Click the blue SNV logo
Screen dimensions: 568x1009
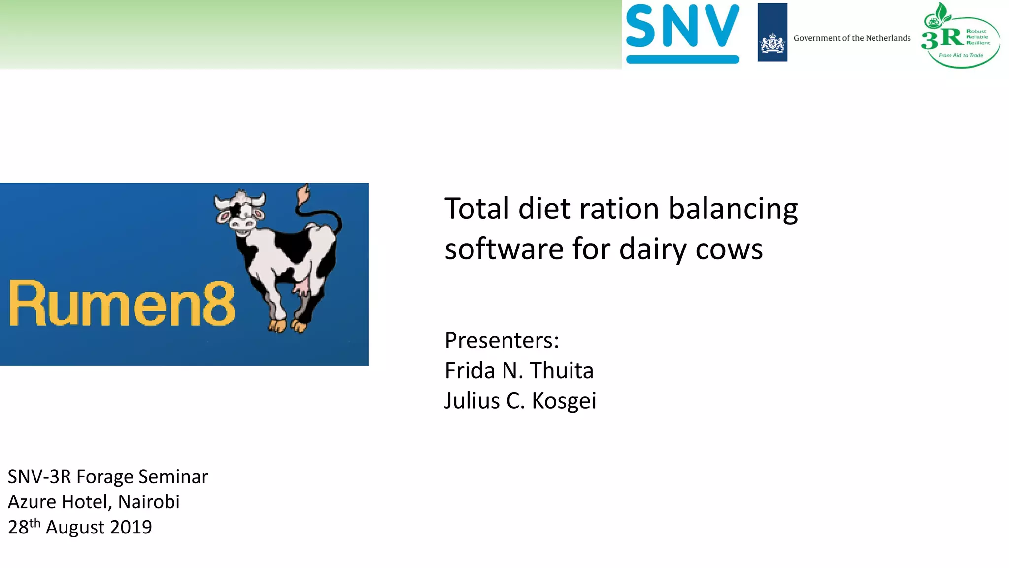pyautogui.click(x=682, y=33)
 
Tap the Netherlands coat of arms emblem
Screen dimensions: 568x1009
pyautogui.click(x=772, y=43)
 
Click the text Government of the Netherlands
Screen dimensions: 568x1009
pyautogui.click(x=852, y=38)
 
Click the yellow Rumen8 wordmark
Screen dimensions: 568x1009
pyautogui.click(x=122, y=304)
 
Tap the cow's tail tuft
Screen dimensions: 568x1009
pyautogui.click(x=303, y=194)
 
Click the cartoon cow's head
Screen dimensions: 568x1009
pyautogui.click(x=240, y=212)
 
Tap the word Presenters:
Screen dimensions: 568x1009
pyautogui.click(x=502, y=340)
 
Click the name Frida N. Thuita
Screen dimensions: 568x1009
pyautogui.click(x=519, y=371)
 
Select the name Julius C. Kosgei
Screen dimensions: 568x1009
pyautogui.click(x=520, y=401)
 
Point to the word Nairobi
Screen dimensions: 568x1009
pyautogui.click(x=149, y=502)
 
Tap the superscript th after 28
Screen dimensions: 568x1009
pyautogui.click(x=34, y=523)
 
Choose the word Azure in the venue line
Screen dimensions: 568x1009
pyautogui.click(x=32, y=502)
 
